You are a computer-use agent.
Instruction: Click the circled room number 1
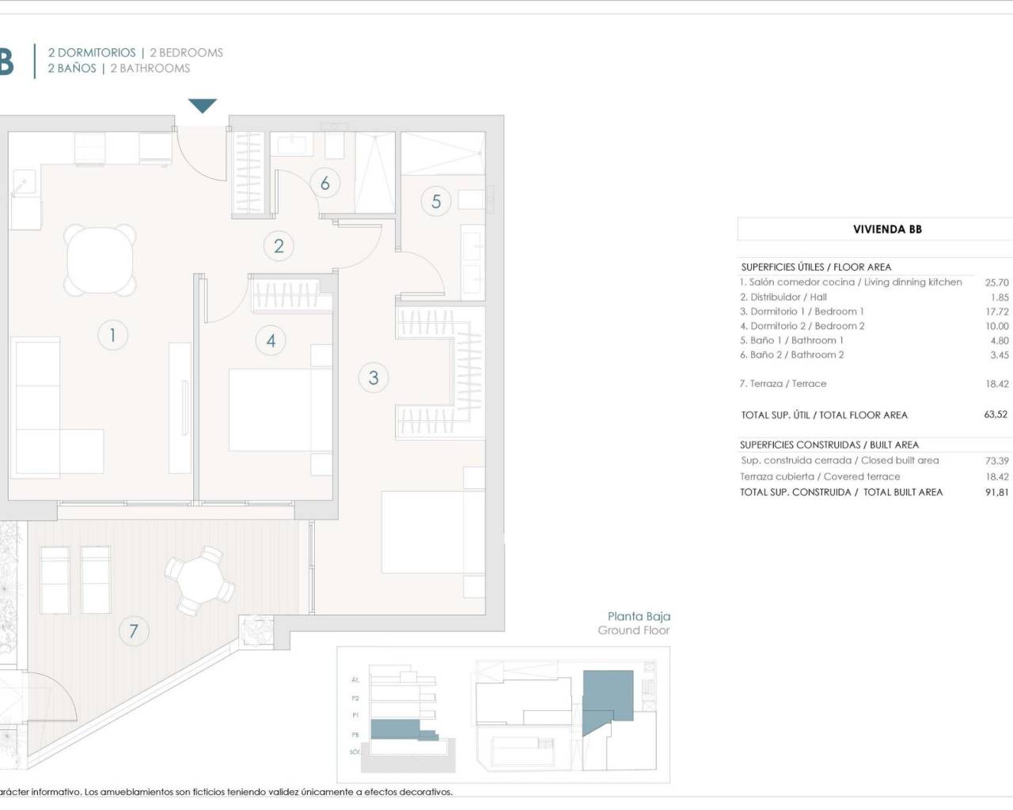112,335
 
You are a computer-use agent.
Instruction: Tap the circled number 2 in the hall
279,246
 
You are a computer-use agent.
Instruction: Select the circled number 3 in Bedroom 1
374,377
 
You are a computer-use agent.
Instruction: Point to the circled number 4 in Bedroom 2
271,341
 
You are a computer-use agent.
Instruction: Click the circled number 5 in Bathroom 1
436,202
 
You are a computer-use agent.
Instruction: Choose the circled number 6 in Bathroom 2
325,184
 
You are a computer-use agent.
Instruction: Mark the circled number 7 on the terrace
134,631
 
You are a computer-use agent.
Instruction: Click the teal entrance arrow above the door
203,106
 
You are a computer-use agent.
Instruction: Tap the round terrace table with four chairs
200,580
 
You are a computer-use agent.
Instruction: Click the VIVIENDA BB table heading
887,229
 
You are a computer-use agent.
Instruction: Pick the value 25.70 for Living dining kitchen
996,282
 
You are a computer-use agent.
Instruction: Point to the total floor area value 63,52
996,414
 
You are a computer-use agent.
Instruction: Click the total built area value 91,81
996,492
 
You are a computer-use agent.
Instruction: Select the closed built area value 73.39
996,460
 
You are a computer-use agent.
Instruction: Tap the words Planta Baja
639,616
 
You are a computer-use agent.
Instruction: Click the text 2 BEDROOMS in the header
186,53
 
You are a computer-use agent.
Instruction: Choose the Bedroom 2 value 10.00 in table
996,326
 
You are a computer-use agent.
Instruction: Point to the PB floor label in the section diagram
355,735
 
